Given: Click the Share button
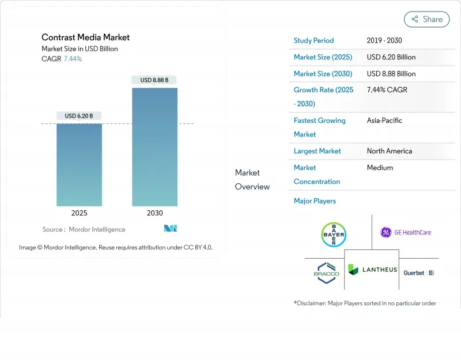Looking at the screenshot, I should point(426,19).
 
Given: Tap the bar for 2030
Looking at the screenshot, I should point(154,147).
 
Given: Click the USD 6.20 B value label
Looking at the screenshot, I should point(79,116).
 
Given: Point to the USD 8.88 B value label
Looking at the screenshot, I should point(154,80).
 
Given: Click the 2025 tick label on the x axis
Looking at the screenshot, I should point(79,213).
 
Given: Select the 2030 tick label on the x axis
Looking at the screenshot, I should point(154,213).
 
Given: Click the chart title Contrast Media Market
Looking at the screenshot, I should point(85,37).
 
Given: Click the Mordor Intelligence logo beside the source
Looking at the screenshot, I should point(170,229).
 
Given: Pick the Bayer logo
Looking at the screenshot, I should point(333,234).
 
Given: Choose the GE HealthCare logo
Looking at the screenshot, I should point(406,232).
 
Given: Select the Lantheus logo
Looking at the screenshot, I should point(372,270).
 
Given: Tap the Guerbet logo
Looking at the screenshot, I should point(418,272).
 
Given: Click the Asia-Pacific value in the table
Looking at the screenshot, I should point(384,120).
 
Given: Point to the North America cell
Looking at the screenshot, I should point(389,151).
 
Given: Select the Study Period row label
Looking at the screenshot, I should point(313,41).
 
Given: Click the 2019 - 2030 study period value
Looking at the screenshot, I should point(384,41).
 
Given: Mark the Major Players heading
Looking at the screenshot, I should point(315,201).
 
